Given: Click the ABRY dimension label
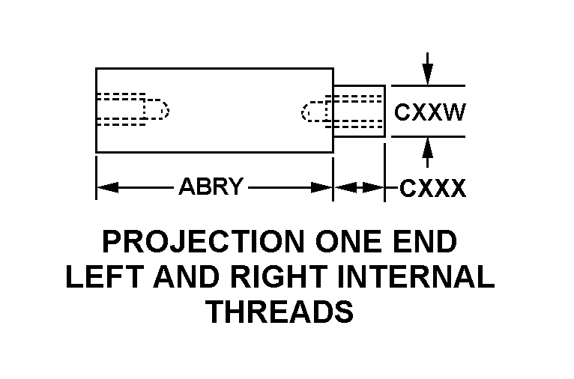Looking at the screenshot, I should (x=211, y=187).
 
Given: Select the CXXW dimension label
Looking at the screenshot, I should (x=429, y=112).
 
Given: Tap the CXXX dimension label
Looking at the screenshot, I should (x=432, y=188).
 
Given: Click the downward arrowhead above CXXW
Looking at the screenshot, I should (x=427, y=76).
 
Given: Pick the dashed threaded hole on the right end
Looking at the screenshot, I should (x=341, y=111).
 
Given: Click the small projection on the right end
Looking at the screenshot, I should (x=360, y=111).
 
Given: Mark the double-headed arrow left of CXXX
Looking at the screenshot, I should (x=359, y=187).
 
